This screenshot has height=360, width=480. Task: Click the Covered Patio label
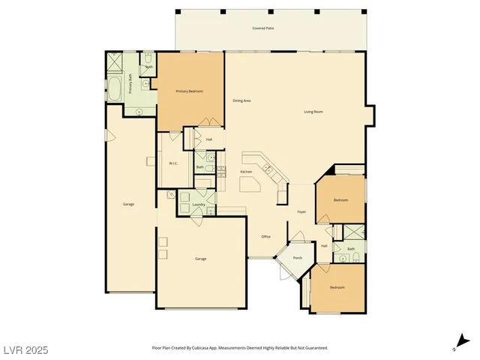[x=262, y=28]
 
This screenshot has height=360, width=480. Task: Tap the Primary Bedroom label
[x=190, y=91]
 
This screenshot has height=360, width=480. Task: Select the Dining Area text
[x=241, y=100]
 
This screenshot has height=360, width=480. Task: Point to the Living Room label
[x=313, y=112]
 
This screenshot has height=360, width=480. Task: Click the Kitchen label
[x=246, y=172]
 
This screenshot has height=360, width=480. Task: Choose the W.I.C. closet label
[x=172, y=163]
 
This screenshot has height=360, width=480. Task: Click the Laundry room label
[x=199, y=204]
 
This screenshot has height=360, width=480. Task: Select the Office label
[x=265, y=236]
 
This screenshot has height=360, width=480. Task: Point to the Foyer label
[x=301, y=212]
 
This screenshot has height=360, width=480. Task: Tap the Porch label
[x=298, y=258]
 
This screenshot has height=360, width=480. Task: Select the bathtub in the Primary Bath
[x=115, y=88]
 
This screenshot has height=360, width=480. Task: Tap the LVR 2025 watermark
[x=26, y=349]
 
